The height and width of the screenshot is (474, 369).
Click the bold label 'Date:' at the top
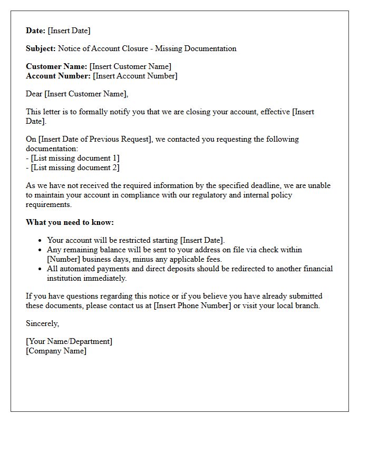(36, 31)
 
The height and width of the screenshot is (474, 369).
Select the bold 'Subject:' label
(41, 48)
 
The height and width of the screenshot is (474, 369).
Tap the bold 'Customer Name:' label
(56, 66)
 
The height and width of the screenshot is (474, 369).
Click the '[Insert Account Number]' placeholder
(135, 76)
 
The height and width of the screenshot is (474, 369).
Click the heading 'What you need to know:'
(70, 222)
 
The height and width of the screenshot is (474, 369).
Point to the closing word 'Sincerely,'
(43, 323)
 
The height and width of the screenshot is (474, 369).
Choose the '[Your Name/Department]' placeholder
(69, 341)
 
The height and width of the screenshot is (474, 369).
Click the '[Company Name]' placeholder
(56, 351)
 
